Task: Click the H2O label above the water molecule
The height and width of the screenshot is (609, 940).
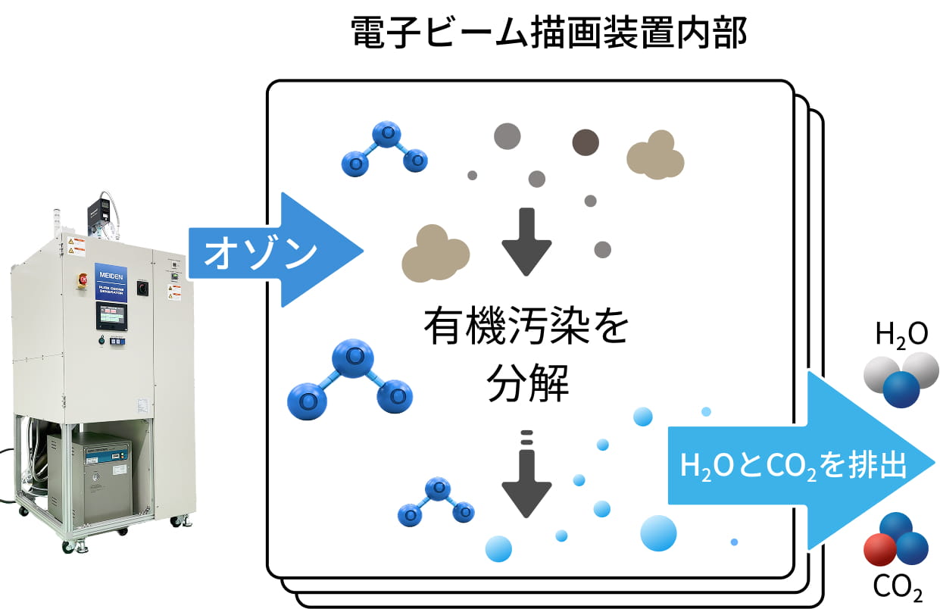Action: [x=901, y=334]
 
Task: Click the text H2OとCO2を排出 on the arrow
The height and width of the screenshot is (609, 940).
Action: [x=794, y=466]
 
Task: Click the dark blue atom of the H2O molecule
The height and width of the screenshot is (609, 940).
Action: [x=901, y=389]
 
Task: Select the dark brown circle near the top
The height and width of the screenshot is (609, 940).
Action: [x=585, y=142]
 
